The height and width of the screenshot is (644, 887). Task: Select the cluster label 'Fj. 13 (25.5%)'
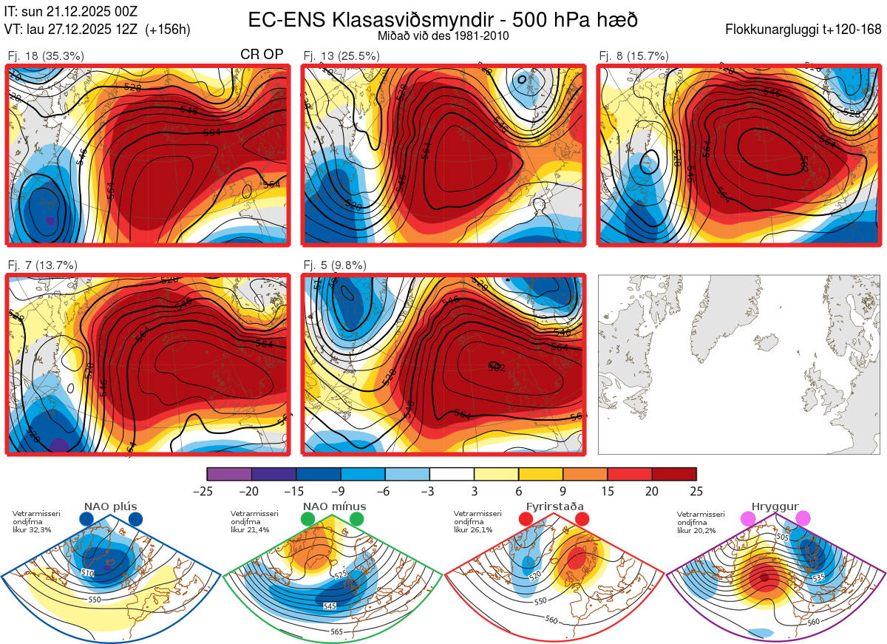[x=341, y=55]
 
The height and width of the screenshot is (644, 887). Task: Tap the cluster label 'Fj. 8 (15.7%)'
[x=633, y=55]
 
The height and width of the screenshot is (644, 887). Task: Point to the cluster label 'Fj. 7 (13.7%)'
[x=42, y=265]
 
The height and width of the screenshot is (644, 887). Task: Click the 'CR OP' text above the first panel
[x=262, y=55]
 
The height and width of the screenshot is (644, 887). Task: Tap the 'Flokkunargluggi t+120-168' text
[x=804, y=30]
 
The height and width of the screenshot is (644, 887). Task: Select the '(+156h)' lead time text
[x=168, y=30]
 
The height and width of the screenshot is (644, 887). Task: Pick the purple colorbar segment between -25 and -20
[x=229, y=474]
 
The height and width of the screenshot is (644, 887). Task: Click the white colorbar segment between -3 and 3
[x=452, y=474]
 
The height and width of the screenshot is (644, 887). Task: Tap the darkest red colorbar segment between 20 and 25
[x=674, y=474]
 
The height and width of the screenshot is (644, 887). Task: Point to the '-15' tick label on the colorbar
[x=296, y=491]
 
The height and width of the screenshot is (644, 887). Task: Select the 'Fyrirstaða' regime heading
[x=554, y=507]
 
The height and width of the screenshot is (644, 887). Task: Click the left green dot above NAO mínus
[x=307, y=520]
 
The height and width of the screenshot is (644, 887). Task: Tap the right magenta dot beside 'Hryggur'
[x=803, y=519]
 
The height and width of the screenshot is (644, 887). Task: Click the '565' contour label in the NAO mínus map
[x=336, y=631]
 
